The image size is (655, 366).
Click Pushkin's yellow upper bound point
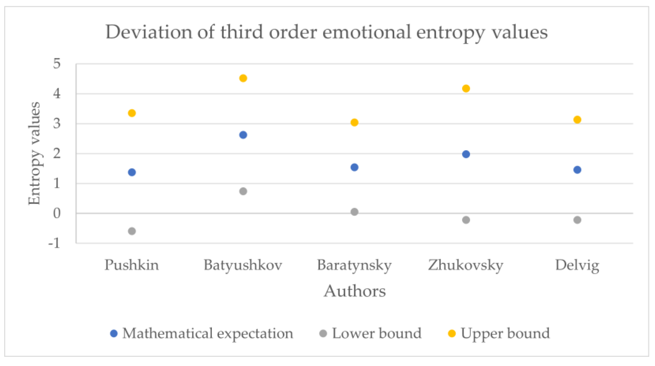pos(132,113)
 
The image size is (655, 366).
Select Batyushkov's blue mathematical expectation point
pos(243,135)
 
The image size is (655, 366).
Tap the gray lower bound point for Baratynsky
pos(355,212)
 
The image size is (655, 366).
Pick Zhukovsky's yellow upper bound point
pos(466,88)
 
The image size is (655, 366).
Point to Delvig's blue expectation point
pos(577,170)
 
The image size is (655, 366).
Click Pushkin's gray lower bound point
pos(132,231)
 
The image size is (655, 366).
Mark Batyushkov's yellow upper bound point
pos(243,78)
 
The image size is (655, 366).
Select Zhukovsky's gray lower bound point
pos(466,220)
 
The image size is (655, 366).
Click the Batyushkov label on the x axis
pos(243,265)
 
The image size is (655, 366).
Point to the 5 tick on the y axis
pos(57,64)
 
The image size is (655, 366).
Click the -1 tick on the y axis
pos(54,244)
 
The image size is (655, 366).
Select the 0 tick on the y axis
pos(57,213)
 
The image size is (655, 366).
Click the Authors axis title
pos(355,291)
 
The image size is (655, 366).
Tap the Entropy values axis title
pos(34,153)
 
